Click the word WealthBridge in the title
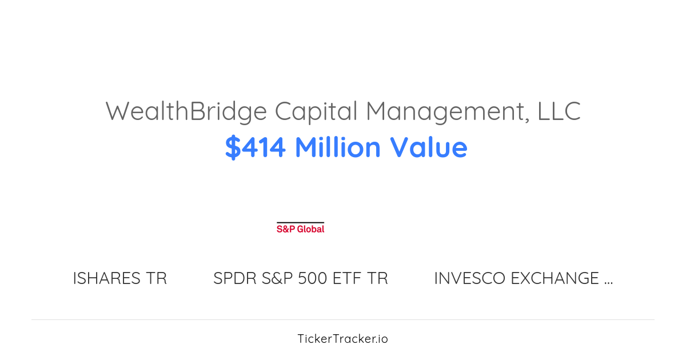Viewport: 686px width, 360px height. coord(186,111)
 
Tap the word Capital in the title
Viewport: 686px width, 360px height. coord(316,111)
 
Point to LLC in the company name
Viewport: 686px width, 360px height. coord(559,111)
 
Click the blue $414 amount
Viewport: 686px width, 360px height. coord(255,147)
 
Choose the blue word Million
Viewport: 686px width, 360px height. coord(337,147)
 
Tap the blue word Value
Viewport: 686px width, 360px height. coord(429,147)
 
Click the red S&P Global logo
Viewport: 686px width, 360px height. coord(300,229)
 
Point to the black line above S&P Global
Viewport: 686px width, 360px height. coord(300,222)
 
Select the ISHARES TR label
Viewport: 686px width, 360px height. coord(119,278)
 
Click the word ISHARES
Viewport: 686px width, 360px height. coord(107,278)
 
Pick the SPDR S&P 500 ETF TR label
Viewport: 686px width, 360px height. coord(300,278)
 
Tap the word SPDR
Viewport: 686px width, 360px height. coord(235,278)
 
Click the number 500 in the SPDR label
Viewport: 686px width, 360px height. coord(313,278)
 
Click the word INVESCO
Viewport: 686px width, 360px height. coord(469,278)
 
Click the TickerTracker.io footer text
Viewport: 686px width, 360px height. coord(342,339)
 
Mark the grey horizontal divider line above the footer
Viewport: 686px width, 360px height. coord(343,319)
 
